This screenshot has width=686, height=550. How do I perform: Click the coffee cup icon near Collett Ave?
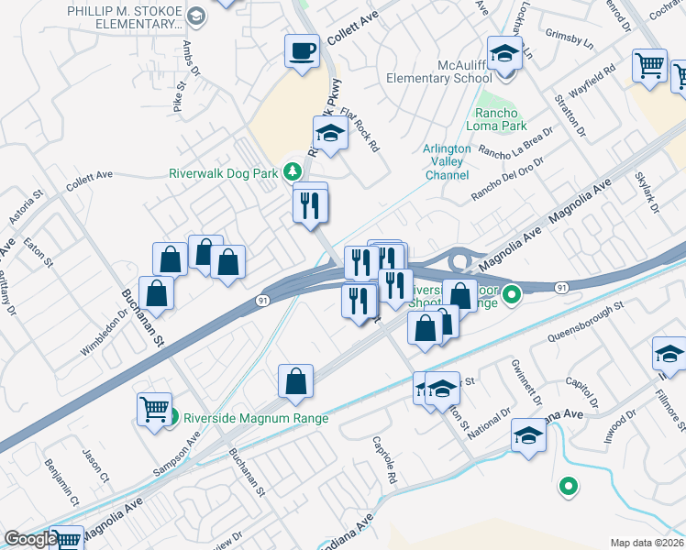302,51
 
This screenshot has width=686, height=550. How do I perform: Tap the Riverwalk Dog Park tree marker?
293,172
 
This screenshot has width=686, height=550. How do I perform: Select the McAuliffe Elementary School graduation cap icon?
504,53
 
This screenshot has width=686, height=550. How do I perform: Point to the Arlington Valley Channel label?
447,162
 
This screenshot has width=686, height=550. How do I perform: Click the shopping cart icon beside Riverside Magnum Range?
154,408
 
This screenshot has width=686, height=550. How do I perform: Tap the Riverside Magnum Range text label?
256,418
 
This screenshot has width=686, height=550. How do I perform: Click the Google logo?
30,539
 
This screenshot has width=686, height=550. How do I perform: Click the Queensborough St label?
584,322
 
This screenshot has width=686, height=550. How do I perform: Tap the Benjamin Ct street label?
61,493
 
